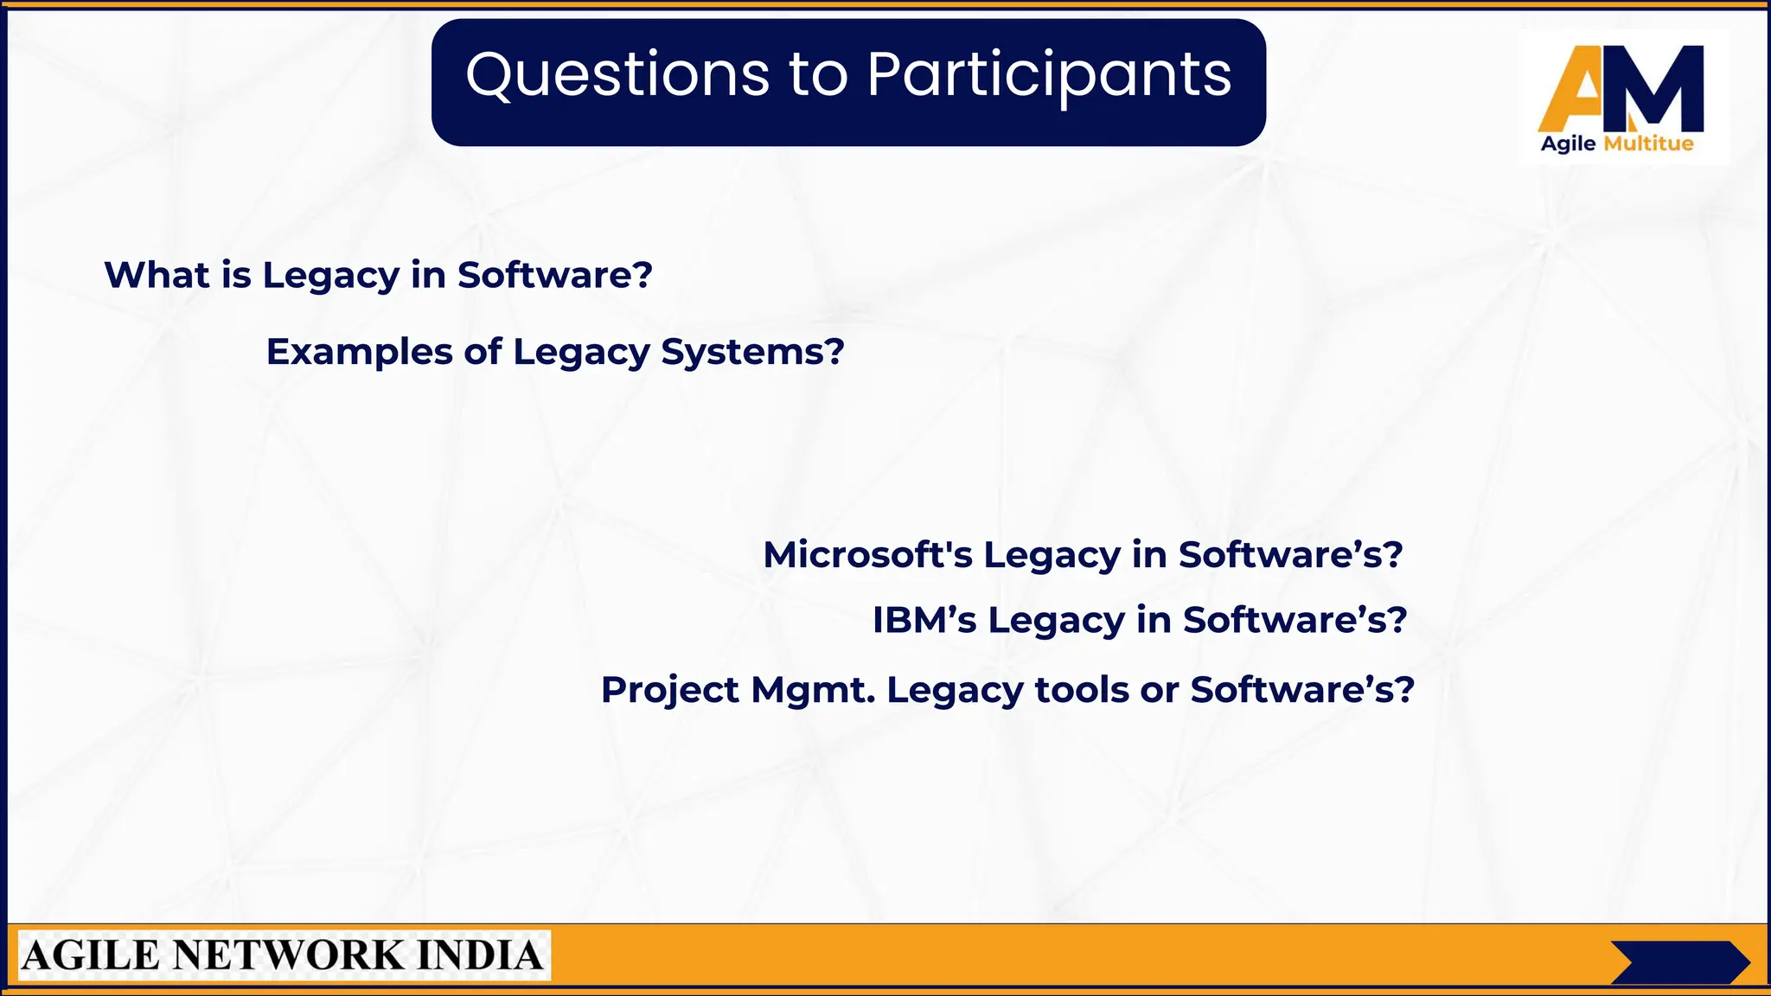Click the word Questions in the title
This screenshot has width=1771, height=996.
click(x=617, y=74)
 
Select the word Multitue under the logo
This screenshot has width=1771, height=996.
click(x=1648, y=144)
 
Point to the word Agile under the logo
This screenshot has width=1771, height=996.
click(x=1568, y=144)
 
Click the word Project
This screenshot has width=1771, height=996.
click(x=669, y=690)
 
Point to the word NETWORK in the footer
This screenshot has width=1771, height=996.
click(x=288, y=956)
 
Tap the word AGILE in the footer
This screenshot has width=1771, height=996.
click(x=91, y=956)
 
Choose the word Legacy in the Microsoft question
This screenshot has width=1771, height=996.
click(x=1052, y=554)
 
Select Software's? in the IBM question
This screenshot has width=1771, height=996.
click(x=1295, y=620)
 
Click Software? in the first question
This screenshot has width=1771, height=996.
click(x=554, y=275)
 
